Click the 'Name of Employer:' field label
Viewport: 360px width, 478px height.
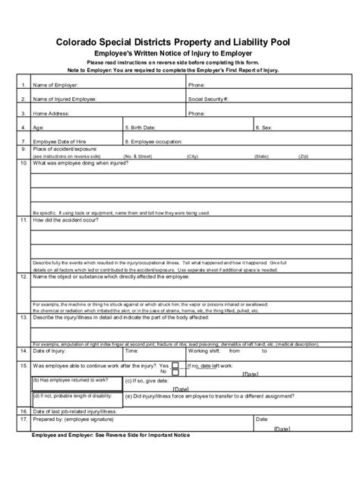click(55, 86)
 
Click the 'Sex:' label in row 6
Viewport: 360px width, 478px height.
click(265, 127)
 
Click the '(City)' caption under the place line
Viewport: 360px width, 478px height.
click(191, 156)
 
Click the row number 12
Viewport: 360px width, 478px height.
click(24, 278)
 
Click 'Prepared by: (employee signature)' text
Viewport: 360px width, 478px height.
click(77, 418)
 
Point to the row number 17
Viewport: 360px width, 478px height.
click(24, 418)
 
